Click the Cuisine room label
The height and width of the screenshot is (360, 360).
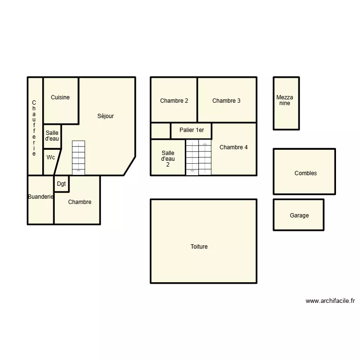[x=60, y=97]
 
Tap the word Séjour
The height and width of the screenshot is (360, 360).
[x=106, y=116]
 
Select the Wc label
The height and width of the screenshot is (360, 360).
[x=50, y=157]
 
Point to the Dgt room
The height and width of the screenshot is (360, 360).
[x=61, y=184]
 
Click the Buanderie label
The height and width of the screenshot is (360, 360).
[x=40, y=197]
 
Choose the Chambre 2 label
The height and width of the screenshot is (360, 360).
[x=174, y=101]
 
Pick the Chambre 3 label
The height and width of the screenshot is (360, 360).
[x=227, y=101]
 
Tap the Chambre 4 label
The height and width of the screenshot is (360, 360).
[x=234, y=147]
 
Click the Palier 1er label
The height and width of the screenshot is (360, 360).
[x=192, y=130]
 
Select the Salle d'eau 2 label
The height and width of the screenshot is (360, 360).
[x=168, y=158]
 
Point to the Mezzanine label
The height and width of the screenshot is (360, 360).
[x=285, y=100]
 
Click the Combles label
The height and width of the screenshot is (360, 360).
[x=306, y=173]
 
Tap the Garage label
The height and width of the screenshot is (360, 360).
[x=299, y=216]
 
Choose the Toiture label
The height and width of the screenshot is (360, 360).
[x=199, y=247]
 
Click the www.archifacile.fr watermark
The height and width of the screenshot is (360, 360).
[x=330, y=301]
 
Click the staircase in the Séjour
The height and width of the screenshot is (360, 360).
[x=78, y=157]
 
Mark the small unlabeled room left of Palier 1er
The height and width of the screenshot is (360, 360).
[x=160, y=131]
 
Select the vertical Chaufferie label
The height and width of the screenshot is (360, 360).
[x=34, y=128]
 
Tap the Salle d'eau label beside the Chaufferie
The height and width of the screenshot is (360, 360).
[x=52, y=136]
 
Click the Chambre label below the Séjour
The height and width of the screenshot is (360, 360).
[x=80, y=202]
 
